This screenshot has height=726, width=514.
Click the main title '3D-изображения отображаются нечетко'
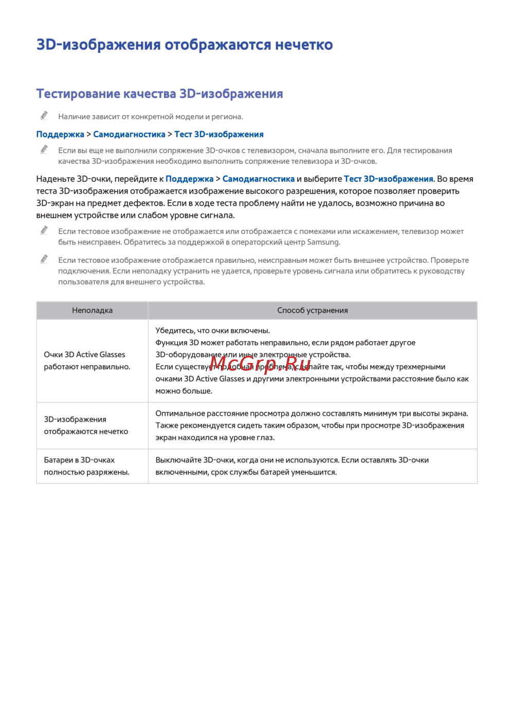point(185,45)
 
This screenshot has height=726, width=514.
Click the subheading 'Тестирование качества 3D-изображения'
point(159,94)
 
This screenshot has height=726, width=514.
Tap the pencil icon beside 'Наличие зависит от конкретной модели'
point(45,116)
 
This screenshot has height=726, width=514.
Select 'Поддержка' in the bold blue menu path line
point(60,135)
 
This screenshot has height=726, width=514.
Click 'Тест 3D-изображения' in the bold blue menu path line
point(219,135)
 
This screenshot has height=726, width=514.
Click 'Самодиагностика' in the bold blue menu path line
point(129,135)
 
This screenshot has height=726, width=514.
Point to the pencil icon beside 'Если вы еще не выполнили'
point(45,149)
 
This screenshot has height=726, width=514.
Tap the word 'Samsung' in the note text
point(323,242)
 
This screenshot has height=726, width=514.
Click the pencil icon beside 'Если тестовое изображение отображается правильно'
point(45,259)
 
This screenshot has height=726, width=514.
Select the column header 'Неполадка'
point(93,311)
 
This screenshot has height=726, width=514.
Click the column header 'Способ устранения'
point(313,311)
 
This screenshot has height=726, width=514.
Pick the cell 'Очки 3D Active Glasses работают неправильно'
point(87,361)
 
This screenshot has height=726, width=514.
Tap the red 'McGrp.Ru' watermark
point(260,364)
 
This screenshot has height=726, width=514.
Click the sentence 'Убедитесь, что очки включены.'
point(213,331)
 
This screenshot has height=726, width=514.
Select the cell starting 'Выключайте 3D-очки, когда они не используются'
point(292,466)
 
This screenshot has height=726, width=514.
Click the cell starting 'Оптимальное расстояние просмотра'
point(311,426)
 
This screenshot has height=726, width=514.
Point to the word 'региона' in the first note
point(227,117)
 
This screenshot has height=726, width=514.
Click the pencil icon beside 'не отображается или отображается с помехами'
point(45,231)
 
